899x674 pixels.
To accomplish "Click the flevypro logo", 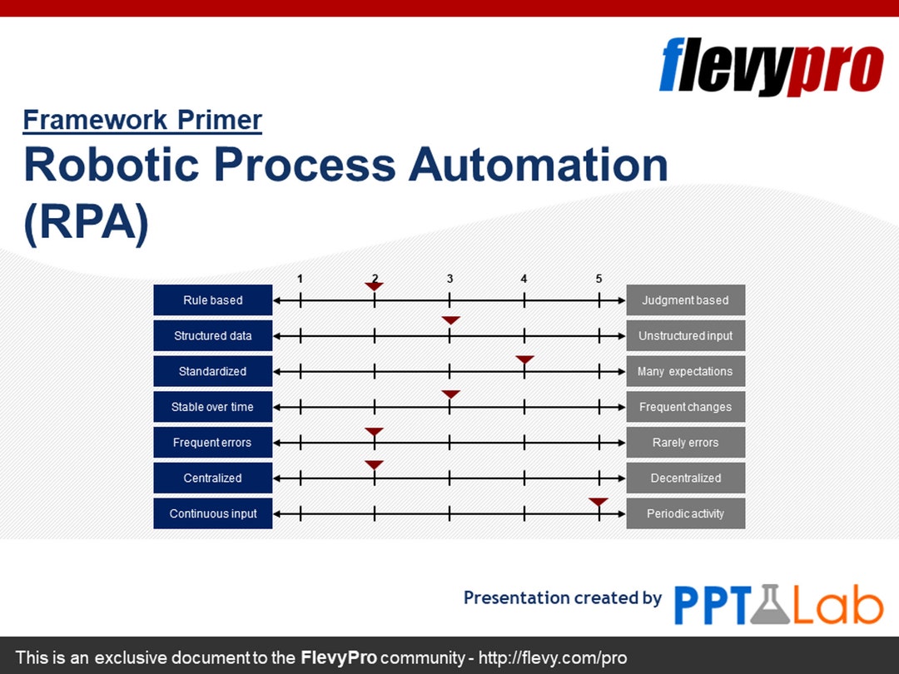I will (x=771, y=67).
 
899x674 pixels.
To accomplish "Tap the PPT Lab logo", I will (x=777, y=604).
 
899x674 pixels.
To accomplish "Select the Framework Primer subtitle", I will (x=142, y=121).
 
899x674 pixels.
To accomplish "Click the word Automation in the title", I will (x=538, y=164).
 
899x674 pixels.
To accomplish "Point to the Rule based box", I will (x=212, y=300).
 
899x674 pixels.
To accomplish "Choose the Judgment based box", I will (x=685, y=300).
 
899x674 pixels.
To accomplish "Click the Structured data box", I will (x=212, y=336).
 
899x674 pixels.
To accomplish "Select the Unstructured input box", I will (x=685, y=336).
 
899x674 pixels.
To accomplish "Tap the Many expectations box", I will (x=685, y=371).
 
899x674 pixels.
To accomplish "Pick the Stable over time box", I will (x=212, y=407).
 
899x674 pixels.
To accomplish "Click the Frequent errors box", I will (x=212, y=443).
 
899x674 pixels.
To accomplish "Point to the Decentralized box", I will (x=685, y=478).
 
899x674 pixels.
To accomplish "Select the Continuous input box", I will (x=212, y=513).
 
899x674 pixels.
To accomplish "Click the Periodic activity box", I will (x=685, y=513).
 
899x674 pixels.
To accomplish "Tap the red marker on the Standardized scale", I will (x=524, y=359).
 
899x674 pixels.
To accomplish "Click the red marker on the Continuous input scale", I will (x=599, y=502).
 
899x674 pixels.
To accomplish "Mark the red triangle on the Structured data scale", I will (x=450, y=320).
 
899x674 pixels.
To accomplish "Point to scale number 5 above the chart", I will (x=599, y=279).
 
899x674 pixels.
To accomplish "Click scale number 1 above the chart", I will (x=300, y=279).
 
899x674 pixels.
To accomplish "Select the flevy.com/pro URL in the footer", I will (x=553, y=657).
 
